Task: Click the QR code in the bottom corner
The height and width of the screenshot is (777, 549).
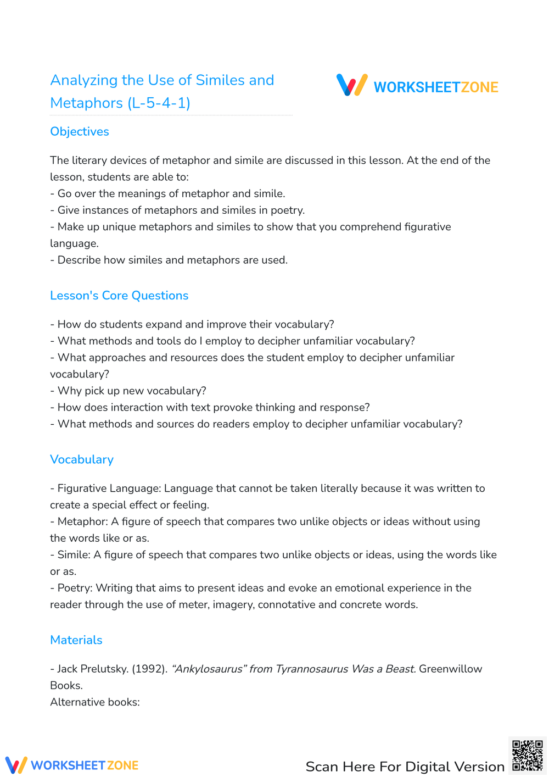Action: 527,756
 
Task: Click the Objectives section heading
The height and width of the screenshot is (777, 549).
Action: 80,132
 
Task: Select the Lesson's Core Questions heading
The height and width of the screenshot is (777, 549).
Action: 119,296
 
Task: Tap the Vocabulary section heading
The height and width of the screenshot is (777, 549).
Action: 82,459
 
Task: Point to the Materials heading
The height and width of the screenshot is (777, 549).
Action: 76,640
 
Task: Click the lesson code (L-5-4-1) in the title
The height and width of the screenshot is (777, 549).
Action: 159,103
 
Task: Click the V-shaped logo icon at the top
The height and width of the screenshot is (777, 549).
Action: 352,85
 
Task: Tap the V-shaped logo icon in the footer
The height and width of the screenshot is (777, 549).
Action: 16,765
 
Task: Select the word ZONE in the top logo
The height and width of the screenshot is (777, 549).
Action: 479,87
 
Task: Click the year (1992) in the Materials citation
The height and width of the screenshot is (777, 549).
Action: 149,669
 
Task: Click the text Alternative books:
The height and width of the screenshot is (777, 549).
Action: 95,702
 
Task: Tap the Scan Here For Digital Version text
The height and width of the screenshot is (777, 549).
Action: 405,767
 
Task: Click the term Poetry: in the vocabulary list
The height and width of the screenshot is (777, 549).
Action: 75,588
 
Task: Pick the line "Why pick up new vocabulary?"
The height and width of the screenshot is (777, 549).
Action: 132,391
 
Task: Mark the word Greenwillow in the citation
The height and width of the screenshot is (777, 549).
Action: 450,669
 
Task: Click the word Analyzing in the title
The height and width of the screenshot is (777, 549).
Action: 84,80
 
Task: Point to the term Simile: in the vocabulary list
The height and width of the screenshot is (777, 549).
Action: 74,555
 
